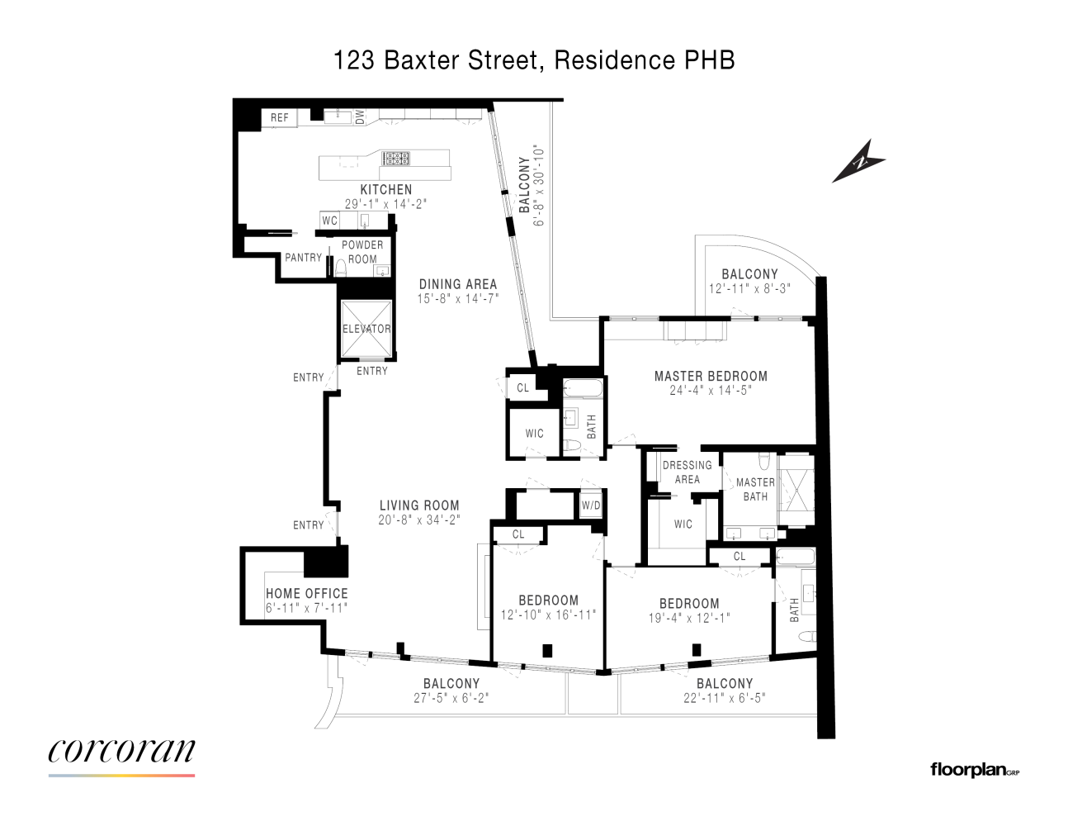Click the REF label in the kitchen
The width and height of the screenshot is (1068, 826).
280,118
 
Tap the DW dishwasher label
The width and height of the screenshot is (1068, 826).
360,117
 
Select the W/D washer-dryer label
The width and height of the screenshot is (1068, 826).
591,506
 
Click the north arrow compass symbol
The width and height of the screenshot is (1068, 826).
859,160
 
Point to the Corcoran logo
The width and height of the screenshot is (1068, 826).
121,751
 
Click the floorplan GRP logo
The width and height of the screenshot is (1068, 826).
975,770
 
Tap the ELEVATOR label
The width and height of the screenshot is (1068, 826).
366,329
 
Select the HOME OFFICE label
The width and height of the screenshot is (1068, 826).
307,593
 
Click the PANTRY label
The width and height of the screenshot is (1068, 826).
303,258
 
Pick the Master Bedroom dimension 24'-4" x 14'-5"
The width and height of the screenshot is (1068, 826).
711,391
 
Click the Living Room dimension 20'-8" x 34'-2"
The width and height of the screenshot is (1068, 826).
419,520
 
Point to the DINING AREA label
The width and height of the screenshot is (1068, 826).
458,284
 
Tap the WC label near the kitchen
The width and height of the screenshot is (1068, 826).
330,221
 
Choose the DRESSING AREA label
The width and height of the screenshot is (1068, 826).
687,472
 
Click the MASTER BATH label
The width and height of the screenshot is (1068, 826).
755,489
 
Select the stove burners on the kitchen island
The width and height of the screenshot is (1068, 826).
396,159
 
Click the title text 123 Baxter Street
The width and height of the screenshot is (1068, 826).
437,60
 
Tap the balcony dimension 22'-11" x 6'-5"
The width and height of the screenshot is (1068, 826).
725,698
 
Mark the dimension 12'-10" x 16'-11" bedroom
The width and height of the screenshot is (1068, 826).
548,615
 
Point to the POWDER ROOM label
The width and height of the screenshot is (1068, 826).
362,252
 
